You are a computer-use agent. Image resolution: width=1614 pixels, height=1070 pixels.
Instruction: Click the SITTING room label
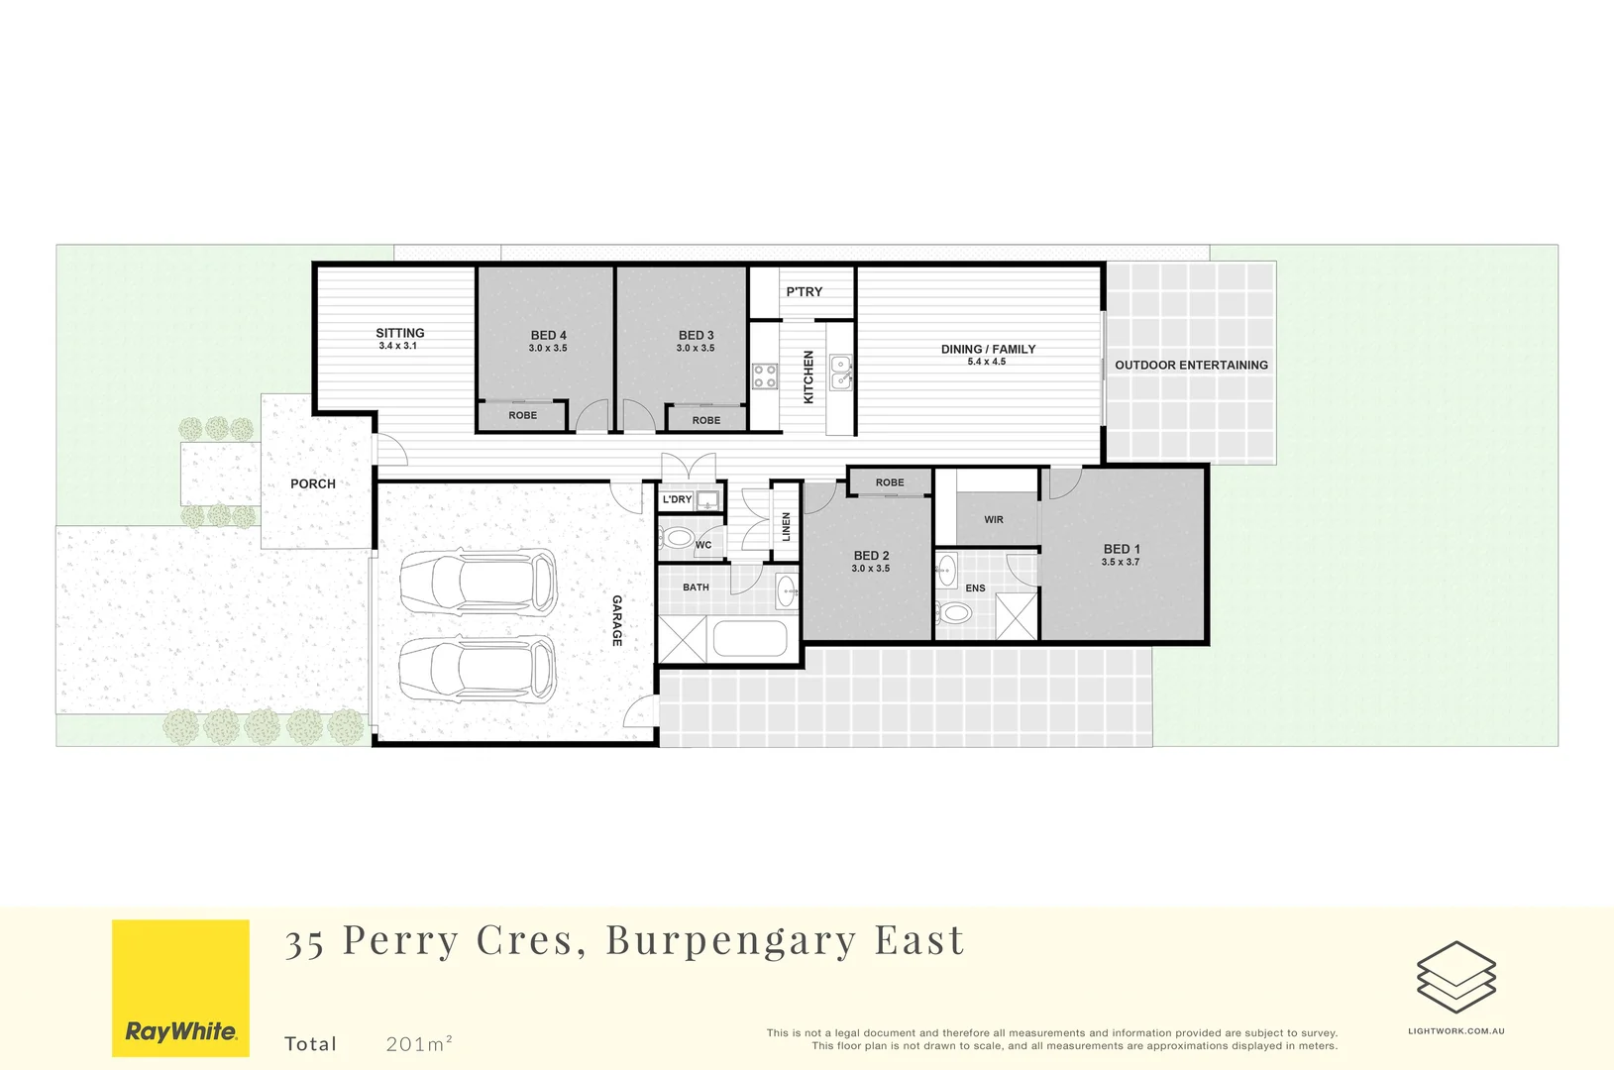tap(399, 334)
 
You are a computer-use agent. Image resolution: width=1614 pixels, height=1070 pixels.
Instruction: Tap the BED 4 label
tap(548, 336)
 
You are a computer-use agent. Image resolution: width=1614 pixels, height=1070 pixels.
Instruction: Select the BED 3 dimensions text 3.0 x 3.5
tap(696, 349)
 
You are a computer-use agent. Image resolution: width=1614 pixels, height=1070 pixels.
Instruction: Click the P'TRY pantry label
tap(804, 292)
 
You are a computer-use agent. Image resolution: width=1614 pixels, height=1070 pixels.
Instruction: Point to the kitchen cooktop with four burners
tap(765, 375)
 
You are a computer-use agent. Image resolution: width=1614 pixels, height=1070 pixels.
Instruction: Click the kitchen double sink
tap(840, 372)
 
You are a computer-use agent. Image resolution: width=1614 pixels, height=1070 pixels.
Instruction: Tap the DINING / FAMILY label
tap(988, 350)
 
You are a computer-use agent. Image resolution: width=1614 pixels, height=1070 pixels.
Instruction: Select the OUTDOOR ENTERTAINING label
tap(1191, 366)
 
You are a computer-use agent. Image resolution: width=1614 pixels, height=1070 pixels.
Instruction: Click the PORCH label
tap(313, 484)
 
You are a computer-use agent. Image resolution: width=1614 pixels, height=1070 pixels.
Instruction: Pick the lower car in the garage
tap(479, 669)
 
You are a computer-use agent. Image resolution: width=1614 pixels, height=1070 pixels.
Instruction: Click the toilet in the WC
tap(679, 539)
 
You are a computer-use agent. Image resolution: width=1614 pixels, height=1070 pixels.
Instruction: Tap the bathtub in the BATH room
tap(749, 639)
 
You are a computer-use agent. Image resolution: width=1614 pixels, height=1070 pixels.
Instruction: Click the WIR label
tap(994, 520)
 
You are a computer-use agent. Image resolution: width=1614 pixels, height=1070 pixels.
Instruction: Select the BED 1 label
tap(1122, 549)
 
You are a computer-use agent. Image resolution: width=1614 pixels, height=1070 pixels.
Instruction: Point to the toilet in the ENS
tap(955, 612)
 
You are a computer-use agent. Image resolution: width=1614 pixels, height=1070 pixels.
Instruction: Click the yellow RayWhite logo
tap(180, 988)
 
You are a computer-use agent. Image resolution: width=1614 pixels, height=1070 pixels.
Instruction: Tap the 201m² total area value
tap(419, 1043)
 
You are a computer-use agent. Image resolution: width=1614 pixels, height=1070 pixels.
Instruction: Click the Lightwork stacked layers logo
tap(1455, 978)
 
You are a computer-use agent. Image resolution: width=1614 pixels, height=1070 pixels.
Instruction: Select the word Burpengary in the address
tap(730, 941)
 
